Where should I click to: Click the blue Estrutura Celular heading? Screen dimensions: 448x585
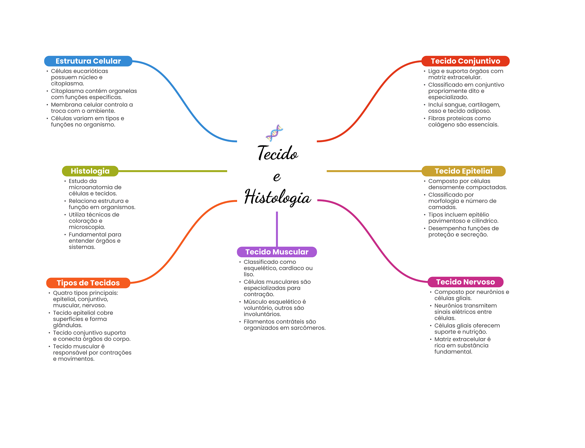(x=88, y=61)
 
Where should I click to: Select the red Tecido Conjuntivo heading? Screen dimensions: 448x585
(x=465, y=61)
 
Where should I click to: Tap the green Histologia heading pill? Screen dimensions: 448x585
(x=90, y=171)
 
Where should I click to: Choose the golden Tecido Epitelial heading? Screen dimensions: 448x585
(x=463, y=171)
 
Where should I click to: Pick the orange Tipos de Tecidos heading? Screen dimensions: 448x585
(x=88, y=283)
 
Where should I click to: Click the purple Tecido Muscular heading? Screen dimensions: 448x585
(x=277, y=252)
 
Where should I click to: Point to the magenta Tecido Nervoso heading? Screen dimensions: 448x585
(x=465, y=282)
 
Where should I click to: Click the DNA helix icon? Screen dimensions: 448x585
(x=274, y=133)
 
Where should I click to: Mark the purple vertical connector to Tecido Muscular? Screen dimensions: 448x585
(x=277, y=228)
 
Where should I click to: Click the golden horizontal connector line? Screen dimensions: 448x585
(x=374, y=171)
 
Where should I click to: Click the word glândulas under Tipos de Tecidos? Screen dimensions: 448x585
(x=67, y=325)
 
